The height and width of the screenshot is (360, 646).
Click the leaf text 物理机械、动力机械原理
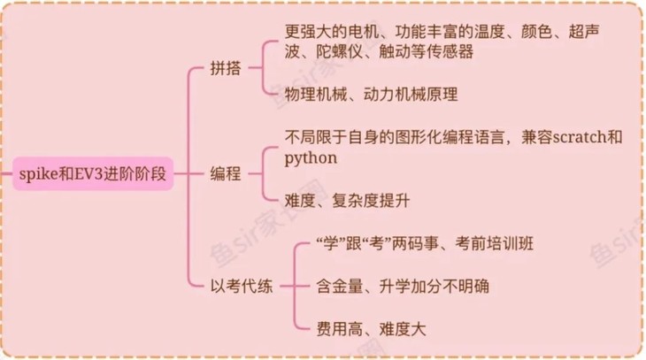371,93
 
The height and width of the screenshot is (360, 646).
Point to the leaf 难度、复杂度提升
348,199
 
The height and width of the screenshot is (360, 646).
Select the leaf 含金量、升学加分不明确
402,286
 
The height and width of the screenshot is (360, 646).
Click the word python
310,158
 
